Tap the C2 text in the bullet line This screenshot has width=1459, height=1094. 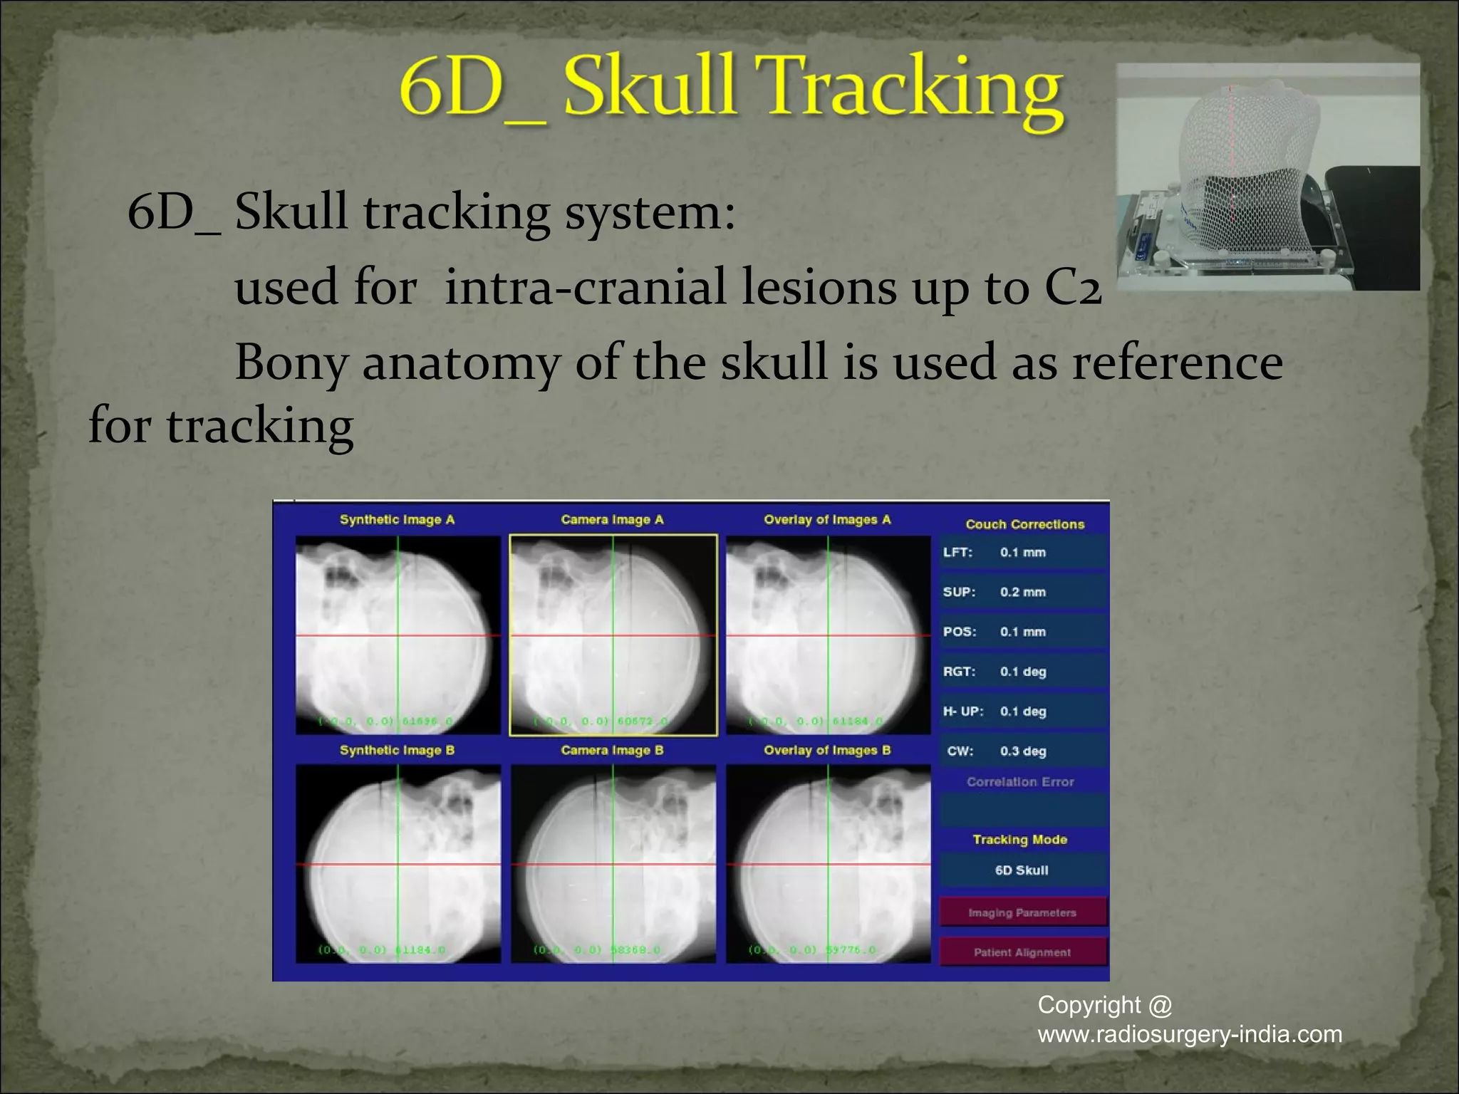click(x=1073, y=287)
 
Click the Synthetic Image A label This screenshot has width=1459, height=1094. click(x=397, y=520)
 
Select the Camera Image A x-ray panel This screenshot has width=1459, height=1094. click(x=613, y=635)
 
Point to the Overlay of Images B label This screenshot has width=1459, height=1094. click(x=827, y=750)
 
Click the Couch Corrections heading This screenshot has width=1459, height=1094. click(x=1024, y=524)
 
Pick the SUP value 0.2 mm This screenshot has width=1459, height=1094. click(x=1022, y=592)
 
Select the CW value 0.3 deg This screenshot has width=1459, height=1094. click(x=1022, y=751)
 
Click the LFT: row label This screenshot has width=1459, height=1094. click(x=957, y=553)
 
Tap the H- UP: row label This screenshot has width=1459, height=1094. click(x=962, y=712)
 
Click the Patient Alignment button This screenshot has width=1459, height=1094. click(x=1022, y=952)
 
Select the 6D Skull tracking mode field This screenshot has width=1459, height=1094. click(x=1022, y=870)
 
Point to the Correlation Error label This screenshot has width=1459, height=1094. click(x=1020, y=782)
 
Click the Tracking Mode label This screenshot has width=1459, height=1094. click(x=1020, y=840)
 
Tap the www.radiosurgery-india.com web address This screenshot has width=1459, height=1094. click(x=1190, y=1034)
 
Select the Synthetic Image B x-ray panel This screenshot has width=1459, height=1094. click(x=398, y=864)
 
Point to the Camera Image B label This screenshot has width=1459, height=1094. click(x=612, y=750)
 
